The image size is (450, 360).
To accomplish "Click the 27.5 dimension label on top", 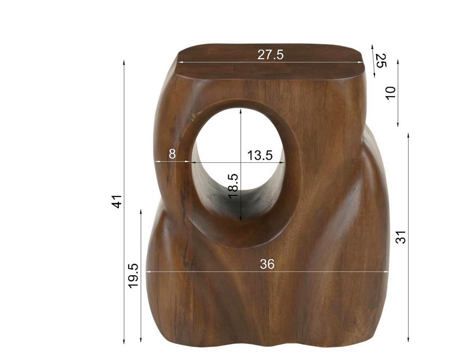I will coord(270,55).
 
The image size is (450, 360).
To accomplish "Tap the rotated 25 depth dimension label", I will coord(380,61).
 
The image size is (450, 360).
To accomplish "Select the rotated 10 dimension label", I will coord(391,93).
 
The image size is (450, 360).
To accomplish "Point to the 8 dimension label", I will coord(172,154).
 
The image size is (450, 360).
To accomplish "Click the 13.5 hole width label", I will coord(260,155).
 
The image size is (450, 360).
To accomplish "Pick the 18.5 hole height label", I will coord(233,186).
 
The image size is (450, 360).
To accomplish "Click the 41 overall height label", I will coord(117,201).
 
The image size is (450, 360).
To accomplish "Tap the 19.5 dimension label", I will coord(133,276).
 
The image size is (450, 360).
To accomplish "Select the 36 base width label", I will coord(267,264).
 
